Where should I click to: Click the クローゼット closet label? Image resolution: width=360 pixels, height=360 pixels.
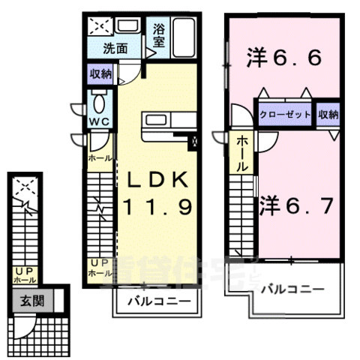284,115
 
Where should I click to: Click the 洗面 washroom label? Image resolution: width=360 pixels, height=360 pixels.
115,49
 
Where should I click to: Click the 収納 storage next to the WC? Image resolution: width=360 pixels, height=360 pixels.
102,73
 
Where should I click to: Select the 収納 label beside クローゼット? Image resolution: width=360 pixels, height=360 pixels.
328,115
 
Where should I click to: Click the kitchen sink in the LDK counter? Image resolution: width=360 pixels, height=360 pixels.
158,120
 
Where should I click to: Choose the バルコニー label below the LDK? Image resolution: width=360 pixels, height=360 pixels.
157,304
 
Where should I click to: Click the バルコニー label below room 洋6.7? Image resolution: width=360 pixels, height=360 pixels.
293,289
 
